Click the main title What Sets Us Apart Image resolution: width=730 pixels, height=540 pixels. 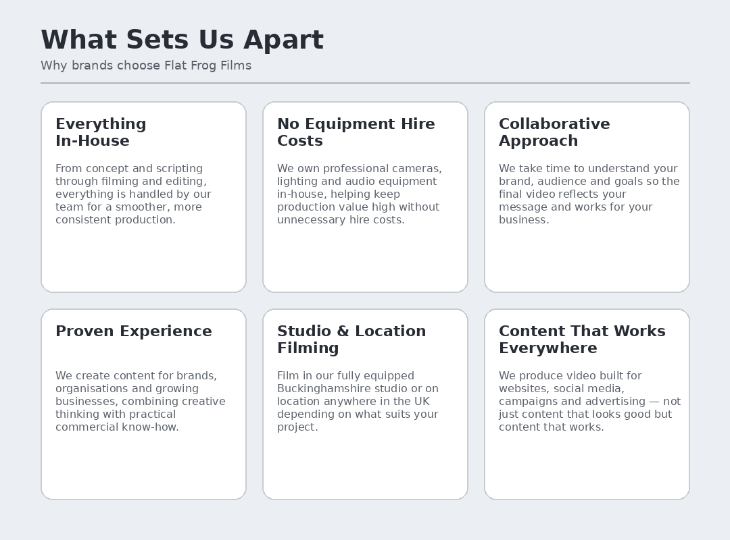point(182,40)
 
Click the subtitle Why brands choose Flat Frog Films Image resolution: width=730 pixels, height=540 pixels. point(146,65)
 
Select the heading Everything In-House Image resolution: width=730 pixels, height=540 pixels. point(101,132)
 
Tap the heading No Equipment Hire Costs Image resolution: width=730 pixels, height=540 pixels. point(356,132)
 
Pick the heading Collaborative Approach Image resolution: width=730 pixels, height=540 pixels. point(554,132)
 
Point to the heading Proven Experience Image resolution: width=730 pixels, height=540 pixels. point(134,331)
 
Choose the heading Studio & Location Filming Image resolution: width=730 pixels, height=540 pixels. point(351,340)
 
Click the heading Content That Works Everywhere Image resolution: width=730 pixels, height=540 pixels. point(582,340)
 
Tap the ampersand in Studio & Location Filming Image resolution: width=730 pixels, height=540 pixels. point(343,331)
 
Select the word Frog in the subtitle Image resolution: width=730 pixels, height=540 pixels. point(203,66)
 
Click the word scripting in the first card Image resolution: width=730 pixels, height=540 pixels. point(179,169)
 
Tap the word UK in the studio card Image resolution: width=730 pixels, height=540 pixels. point(422,402)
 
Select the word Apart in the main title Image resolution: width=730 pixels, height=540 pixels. point(283,40)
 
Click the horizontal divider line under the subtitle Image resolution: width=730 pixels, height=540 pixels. point(366,83)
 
